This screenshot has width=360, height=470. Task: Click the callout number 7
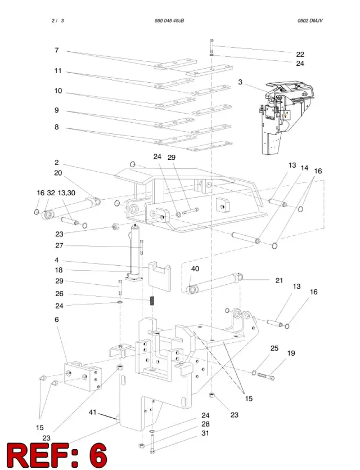coord(57,50)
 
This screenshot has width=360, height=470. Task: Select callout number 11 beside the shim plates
coord(58,71)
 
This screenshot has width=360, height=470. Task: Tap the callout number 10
coord(58,91)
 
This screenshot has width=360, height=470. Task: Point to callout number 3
coord(240,82)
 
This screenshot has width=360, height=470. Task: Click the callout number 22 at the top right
coord(300,54)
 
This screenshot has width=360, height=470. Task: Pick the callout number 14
coord(304,168)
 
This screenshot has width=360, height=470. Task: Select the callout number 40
coord(195,268)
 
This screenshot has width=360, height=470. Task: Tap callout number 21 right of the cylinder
coord(279,280)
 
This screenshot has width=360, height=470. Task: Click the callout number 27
coord(59,245)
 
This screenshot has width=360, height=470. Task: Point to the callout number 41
coord(93,412)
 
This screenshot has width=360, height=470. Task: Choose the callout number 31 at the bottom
coord(205,433)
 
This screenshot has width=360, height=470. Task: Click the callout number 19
coord(291,353)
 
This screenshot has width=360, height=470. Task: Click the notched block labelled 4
coord(160,276)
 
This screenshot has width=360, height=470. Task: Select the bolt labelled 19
coord(266,376)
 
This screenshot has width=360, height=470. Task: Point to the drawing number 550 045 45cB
coord(169,21)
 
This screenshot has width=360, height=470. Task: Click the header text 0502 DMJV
coord(310,21)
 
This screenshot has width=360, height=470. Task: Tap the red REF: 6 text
coord(57,455)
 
